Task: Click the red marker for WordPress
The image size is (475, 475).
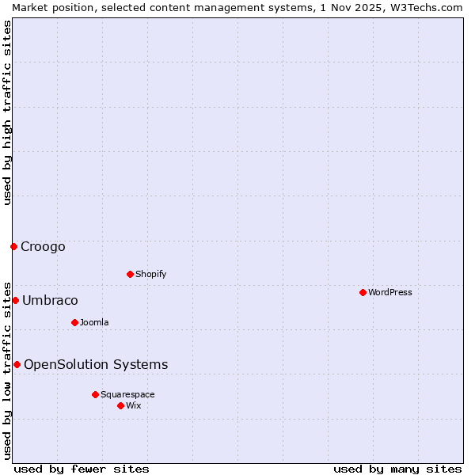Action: [363, 292]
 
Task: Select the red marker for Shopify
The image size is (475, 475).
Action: [130, 274]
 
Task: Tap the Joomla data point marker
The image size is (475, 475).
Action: [74, 322]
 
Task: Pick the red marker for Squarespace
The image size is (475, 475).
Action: [95, 394]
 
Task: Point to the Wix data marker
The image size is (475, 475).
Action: [120, 405]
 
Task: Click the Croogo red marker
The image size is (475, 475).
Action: [13, 246]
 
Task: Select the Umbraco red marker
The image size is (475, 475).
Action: [15, 300]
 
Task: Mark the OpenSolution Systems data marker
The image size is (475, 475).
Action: [17, 364]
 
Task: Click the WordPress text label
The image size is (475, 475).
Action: [390, 292]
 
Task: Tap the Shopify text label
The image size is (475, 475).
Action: [150, 274]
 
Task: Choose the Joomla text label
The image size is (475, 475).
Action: [94, 322]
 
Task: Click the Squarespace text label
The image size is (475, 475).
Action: [127, 394]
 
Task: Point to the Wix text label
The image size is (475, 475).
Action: [133, 405]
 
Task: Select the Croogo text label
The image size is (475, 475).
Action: [43, 246]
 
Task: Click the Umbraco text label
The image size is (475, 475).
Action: [50, 300]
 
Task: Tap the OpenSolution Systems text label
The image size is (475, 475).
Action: [96, 364]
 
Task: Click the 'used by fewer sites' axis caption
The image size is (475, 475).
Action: [82, 469]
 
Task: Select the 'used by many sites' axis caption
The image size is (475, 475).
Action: [397, 469]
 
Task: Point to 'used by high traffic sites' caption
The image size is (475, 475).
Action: [7, 112]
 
